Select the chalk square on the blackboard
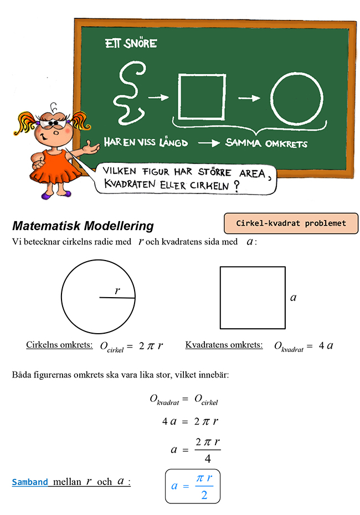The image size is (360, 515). (x=200, y=95)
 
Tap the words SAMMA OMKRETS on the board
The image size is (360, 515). (x=266, y=143)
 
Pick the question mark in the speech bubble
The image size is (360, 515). (x=236, y=186)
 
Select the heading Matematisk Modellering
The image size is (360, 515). (x=83, y=226)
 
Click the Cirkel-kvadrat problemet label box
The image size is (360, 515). (x=291, y=223)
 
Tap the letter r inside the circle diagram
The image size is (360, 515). (x=117, y=290)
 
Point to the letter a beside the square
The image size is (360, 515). (x=294, y=298)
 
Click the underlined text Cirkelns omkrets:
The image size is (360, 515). (x=59, y=345)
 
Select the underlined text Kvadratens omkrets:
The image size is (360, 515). (x=224, y=345)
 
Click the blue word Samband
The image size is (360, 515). (x=30, y=482)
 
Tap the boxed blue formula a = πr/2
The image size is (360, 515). (x=192, y=486)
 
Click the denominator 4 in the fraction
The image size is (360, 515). (x=208, y=459)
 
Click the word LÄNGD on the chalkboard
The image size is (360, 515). (x=173, y=143)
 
